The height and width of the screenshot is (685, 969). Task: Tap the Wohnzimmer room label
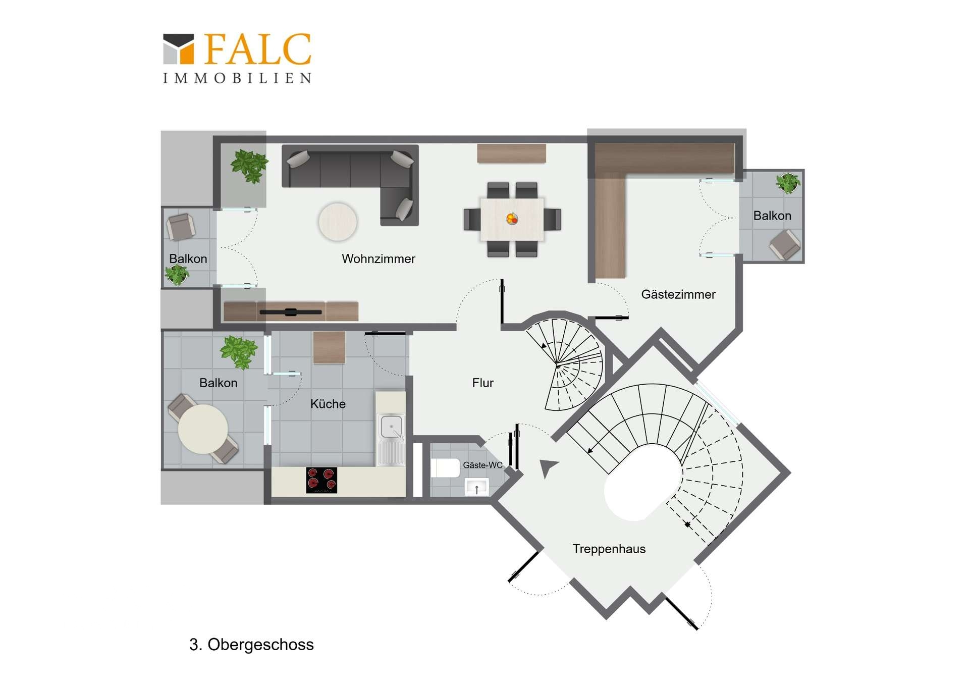[x=379, y=259]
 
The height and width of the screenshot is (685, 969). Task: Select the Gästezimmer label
[x=678, y=295]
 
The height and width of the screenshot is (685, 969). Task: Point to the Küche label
[x=328, y=404]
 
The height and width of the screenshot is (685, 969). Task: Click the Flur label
[x=483, y=383]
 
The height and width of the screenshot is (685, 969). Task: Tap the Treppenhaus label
[x=609, y=549]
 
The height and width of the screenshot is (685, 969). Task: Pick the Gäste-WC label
[x=483, y=465]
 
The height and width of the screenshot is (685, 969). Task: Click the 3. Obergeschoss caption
[x=251, y=645]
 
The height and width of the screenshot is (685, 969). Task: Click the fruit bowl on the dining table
[x=512, y=219]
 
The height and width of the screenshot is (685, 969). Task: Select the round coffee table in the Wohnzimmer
[x=338, y=222]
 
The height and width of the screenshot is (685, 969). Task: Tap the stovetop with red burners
[x=321, y=480]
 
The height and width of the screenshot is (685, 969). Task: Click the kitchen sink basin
[x=391, y=427]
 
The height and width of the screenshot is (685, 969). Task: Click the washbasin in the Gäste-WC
[x=476, y=488]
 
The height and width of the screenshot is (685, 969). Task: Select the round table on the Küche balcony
[x=203, y=429]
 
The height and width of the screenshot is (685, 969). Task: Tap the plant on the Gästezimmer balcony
[x=788, y=183]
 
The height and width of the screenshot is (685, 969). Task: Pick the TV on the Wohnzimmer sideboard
[x=291, y=312]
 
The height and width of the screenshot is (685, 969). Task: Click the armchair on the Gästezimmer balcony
[x=785, y=245]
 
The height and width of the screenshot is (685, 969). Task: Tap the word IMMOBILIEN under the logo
[x=237, y=78]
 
